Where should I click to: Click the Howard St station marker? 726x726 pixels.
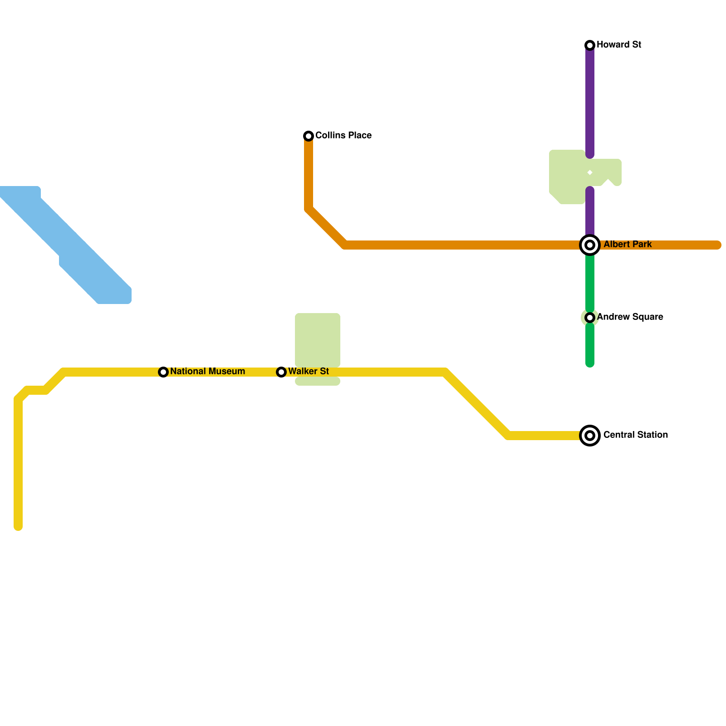[590, 45]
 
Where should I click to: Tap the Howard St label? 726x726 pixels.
[618, 44]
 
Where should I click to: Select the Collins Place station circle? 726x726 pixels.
[309, 136]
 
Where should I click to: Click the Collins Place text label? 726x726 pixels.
[343, 135]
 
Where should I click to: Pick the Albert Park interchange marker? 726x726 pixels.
[590, 245]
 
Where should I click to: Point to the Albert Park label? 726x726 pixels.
[628, 244]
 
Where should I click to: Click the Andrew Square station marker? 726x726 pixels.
[590, 317]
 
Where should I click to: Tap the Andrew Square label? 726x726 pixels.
[630, 317]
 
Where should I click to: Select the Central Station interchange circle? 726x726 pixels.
[590, 436]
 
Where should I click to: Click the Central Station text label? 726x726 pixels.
[635, 435]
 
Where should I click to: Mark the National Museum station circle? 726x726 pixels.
[163, 372]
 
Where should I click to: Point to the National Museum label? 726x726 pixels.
[207, 371]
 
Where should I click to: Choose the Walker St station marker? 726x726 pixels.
[281, 372]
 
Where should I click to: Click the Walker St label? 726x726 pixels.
[309, 371]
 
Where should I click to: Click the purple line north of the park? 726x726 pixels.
[590, 100]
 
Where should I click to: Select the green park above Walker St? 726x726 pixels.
[318, 338]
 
